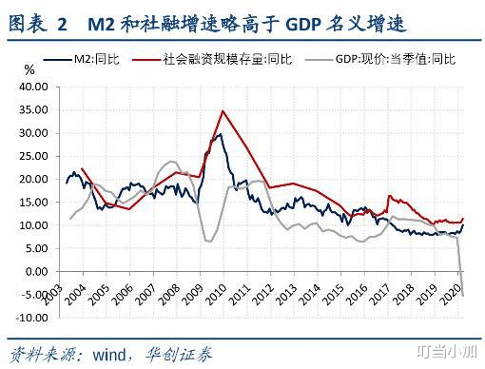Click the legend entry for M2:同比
pos(98,59)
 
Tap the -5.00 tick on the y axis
pos(34,294)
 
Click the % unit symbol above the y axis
pos(29,71)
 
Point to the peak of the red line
pos(223,111)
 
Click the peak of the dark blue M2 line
pos(220,133)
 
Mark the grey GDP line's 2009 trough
pos(207,241)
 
